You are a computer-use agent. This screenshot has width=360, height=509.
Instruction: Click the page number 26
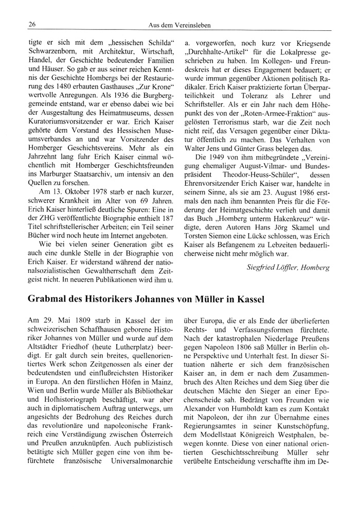click(x=32, y=24)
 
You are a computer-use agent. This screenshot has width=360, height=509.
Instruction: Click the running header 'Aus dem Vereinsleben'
click(x=179, y=25)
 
